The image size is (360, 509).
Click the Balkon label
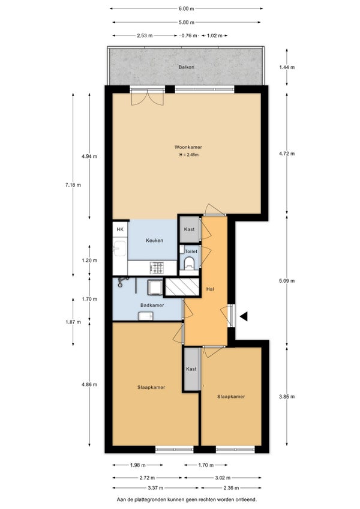(x=187, y=67)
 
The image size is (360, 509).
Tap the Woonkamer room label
(x=188, y=147)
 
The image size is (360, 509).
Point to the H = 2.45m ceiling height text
(x=188, y=155)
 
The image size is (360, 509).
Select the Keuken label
(x=154, y=241)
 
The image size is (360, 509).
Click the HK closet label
(x=120, y=229)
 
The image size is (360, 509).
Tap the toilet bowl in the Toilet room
(x=189, y=263)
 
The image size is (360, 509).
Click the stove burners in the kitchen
(x=157, y=268)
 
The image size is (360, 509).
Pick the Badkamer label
(x=152, y=305)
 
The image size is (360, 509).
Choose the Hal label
(x=210, y=289)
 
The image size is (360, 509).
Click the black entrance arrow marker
(x=244, y=316)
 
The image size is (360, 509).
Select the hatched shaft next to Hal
(x=182, y=287)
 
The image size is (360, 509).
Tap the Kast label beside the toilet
(x=189, y=229)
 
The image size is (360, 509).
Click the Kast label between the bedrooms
(x=191, y=369)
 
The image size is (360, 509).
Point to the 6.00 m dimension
(x=187, y=9)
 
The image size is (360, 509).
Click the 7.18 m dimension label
(x=73, y=185)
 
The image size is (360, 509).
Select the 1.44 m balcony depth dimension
(x=287, y=67)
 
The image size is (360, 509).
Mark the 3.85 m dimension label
(x=287, y=396)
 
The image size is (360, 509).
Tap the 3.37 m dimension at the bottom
(x=155, y=487)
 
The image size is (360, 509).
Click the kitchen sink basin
(x=120, y=248)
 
